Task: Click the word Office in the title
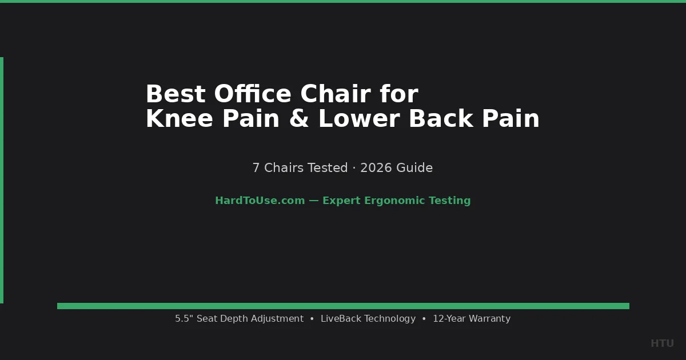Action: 253,94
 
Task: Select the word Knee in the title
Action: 179,119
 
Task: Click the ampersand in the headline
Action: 299,119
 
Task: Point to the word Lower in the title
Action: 359,119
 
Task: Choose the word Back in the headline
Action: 441,119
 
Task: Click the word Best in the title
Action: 176,94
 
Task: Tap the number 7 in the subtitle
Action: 256,168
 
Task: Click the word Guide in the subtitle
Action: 414,168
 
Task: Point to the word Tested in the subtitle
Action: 328,168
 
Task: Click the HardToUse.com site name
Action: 260,201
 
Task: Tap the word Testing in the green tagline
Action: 449,201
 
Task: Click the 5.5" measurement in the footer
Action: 184,319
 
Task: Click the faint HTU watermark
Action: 662,343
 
